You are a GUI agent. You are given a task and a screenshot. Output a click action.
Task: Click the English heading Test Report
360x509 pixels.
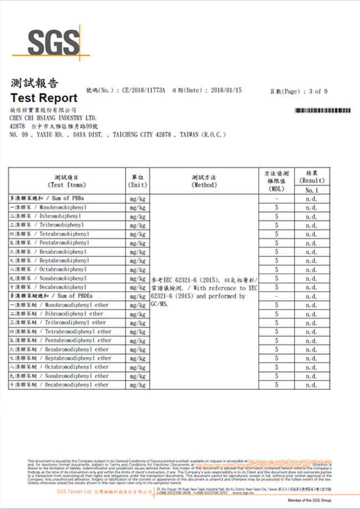point(44,98)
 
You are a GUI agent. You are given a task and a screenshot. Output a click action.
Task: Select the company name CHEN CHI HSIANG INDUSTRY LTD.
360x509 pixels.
point(53,118)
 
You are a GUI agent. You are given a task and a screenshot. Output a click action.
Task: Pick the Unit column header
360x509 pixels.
point(137,181)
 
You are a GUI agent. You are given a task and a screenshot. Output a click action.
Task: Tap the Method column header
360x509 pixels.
point(204,181)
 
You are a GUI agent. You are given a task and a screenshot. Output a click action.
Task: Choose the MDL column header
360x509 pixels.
point(276,181)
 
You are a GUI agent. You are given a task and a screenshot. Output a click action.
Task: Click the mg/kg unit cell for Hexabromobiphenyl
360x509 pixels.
point(137,251)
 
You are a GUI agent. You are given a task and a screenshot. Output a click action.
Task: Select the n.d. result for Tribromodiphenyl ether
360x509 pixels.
point(311,322)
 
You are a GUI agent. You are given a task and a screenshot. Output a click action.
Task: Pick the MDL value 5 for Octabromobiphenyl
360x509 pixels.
point(276,269)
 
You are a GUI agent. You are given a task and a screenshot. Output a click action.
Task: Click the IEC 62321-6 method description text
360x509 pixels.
point(204,292)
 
